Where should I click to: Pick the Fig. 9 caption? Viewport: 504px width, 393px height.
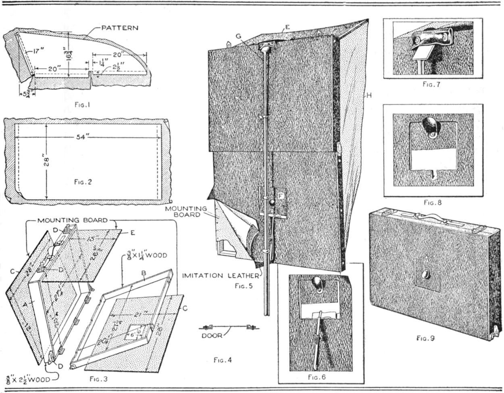tap(425, 339)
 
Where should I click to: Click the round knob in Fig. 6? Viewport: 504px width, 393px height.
tap(319, 283)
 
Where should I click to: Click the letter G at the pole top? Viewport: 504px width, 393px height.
tap(239, 36)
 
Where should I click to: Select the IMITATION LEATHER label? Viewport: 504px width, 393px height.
tap(220, 276)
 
